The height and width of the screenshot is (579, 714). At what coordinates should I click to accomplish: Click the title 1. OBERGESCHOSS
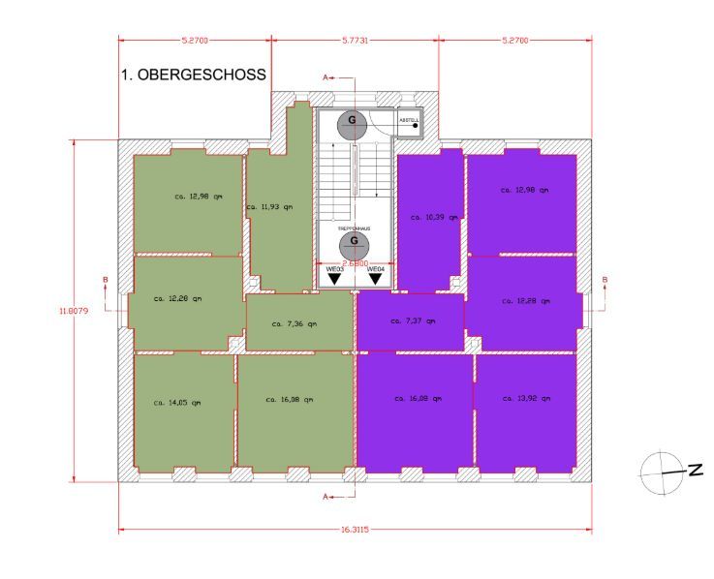[x=193, y=75]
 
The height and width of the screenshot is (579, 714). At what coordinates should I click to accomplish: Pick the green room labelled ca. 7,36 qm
[x=299, y=323]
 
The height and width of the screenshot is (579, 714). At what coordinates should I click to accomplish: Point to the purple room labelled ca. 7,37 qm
[x=411, y=321]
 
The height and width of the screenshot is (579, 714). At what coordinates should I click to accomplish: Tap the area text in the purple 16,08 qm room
[x=419, y=398]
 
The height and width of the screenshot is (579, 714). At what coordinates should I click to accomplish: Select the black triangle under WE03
[x=334, y=279]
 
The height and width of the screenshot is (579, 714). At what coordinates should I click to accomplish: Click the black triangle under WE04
[x=375, y=279]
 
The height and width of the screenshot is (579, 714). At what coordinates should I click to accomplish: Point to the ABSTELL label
[x=410, y=116]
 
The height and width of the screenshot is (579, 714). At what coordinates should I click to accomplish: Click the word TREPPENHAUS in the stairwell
[x=354, y=229]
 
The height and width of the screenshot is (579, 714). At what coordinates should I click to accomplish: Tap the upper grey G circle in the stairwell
[x=352, y=123]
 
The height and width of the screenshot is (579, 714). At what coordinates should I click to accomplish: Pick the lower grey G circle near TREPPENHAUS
[x=354, y=243]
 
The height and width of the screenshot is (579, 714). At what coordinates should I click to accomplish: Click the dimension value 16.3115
[x=354, y=529]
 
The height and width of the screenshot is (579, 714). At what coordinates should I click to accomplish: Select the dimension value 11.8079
[x=70, y=310]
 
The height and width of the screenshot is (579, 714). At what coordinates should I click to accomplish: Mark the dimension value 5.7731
[x=356, y=41]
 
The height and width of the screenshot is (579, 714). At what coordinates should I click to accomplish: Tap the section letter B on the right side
[x=605, y=281]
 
